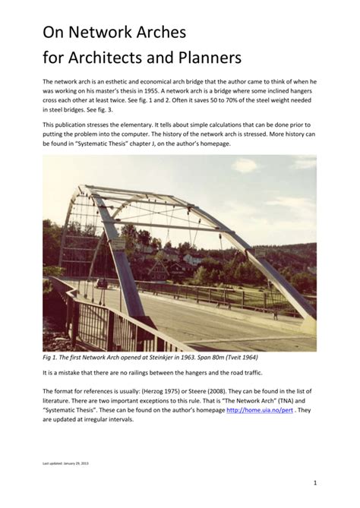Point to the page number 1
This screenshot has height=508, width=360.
(313, 482)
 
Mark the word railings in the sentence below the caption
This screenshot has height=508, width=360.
(134, 374)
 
